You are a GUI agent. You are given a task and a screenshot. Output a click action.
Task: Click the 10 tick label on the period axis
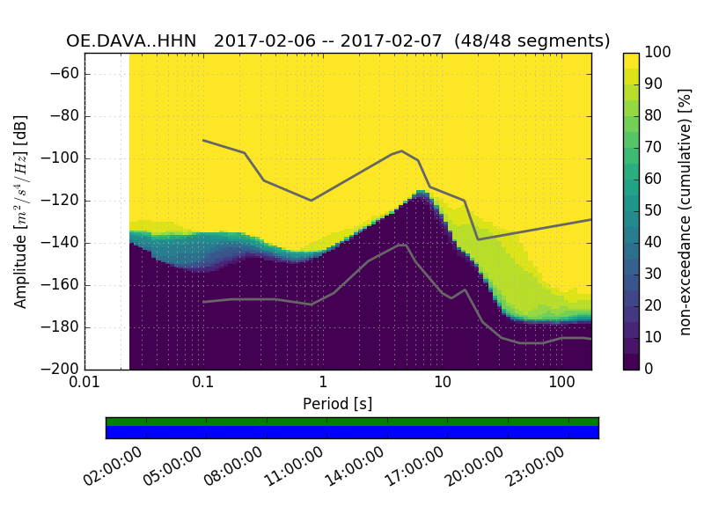point(442,383)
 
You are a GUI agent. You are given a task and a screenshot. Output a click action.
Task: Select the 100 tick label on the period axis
point(561,383)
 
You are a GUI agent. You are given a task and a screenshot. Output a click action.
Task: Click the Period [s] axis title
point(338,404)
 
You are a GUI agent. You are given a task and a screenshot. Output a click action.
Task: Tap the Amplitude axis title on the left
point(21,211)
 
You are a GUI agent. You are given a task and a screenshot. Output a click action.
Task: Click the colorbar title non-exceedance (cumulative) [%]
point(686,211)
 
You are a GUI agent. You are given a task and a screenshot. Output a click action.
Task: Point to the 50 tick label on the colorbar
point(654,211)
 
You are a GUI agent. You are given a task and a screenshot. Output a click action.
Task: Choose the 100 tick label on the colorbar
point(657,53)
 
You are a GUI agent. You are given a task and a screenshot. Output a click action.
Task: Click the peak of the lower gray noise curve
point(403,245)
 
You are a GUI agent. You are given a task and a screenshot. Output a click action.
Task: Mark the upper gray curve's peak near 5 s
point(402,150)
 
